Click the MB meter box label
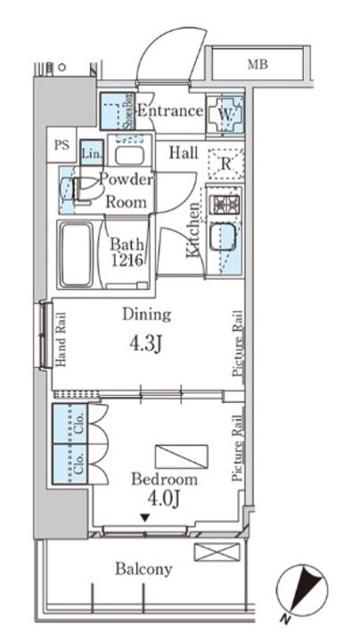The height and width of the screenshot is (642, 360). (x=258, y=64)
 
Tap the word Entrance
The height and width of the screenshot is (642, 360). (x=170, y=111)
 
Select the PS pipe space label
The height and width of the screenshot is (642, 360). (x=61, y=145)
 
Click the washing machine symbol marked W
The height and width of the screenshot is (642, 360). (x=225, y=115)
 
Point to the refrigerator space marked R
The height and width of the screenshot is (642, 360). (x=225, y=164)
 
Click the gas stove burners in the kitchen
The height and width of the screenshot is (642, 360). (x=225, y=204)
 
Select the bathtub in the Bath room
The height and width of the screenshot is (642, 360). (x=77, y=255)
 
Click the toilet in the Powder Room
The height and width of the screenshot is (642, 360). (x=85, y=190)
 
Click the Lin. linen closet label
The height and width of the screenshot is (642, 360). (x=92, y=153)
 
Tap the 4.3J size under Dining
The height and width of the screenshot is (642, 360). (x=146, y=345)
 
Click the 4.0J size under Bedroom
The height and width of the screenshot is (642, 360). (x=164, y=498)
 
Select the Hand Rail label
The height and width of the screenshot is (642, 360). (x=61, y=339)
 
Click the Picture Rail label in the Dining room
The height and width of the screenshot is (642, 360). (x=238, y=343)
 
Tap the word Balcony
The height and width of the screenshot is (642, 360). (x=143, y=569)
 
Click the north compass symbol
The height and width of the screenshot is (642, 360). (x=302, y=590)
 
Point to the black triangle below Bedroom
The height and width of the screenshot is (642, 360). (x=145, y=518)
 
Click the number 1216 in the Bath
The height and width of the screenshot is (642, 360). (x=127, y=259)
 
